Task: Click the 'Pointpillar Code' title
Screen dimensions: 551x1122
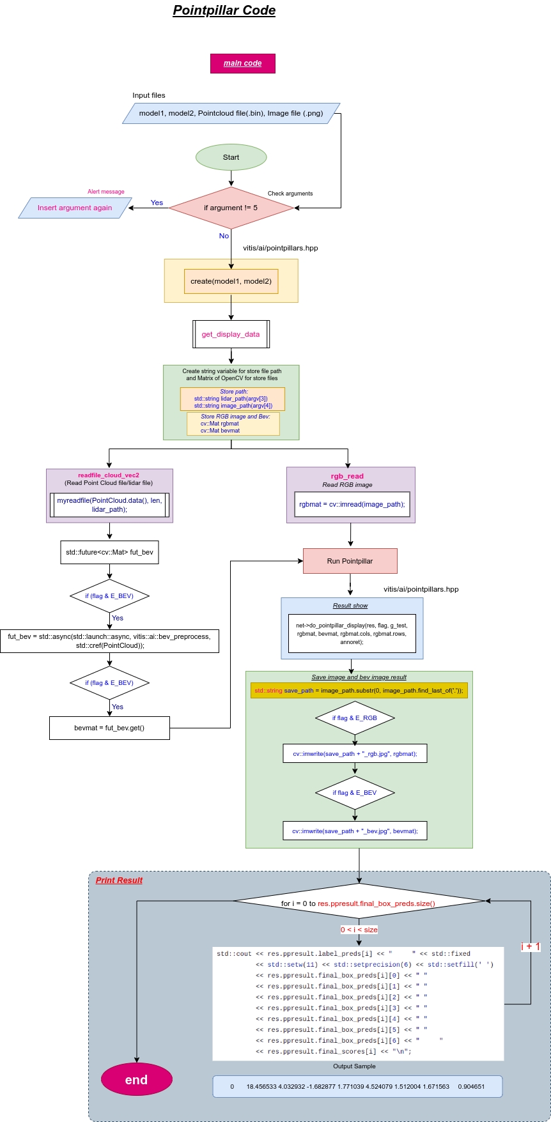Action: point(224,11)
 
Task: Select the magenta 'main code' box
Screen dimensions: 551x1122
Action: point(243,63)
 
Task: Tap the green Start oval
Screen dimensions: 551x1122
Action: point(231,157)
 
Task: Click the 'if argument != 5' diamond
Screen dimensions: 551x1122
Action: point(231,208)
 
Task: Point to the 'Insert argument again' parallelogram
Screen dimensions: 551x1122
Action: point(75,208)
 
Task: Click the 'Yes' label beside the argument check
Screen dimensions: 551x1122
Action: point(157,203)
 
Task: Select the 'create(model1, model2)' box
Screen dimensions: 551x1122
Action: point(231,281)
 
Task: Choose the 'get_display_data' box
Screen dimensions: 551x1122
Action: point(231,334)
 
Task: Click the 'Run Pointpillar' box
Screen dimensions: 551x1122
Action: point(350,561)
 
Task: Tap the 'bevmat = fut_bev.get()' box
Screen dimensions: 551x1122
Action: point(109,728)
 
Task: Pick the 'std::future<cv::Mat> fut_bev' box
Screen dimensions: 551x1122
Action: point(109,552)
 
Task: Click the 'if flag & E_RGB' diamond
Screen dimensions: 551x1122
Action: point(355,718)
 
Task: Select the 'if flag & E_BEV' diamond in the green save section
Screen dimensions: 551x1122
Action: point(355,792)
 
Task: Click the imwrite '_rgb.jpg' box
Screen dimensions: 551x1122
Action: point(355,753)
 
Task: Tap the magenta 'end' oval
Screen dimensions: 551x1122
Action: point(137,1080)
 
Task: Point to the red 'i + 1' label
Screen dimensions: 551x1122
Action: point(531,946)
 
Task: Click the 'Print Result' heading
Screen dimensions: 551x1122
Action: point(119,880)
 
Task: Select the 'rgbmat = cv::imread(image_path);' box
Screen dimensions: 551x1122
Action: point(352,504)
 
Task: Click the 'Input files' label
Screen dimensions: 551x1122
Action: point(149,95)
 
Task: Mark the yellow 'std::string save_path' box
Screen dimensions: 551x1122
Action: point(359,691)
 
